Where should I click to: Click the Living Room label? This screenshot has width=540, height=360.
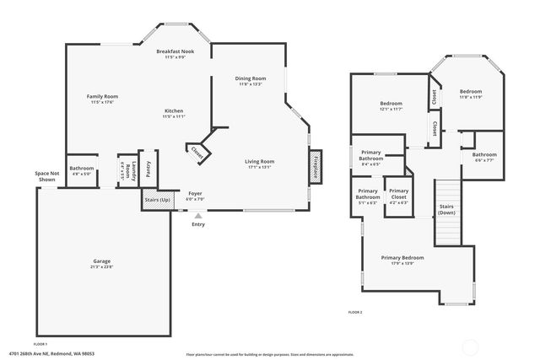[x=260, y=164]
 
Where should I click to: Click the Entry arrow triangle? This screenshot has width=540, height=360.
[x=198, y=216]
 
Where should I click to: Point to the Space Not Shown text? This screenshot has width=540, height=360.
[x=46, y=176]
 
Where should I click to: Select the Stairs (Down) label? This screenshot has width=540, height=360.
[x=447, y=209]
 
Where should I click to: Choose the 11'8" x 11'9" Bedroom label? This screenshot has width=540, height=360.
[x=470, y=94]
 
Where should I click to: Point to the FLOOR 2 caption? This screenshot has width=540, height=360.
[x=355, y=313]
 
